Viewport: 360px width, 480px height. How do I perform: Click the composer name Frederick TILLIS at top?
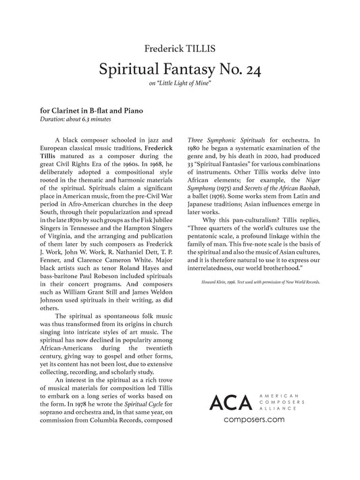[180, 49]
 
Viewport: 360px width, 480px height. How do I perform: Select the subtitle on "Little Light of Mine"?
[180, 84]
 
